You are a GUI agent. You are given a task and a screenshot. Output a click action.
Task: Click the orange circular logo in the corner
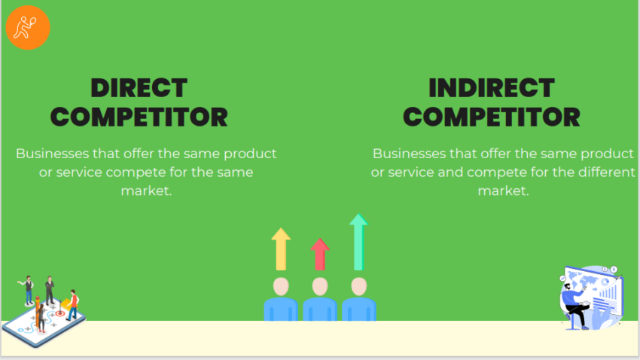pyautogui.click(x=28, y=27)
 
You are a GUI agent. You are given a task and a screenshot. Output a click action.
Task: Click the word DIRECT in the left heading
pyautogui.click(x=139, y=88)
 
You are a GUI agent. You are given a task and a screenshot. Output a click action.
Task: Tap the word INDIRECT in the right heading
pyautogui.click(x=491, y=88)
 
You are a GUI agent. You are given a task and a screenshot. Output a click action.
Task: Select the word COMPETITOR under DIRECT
pyautogui.click(x=139, y=117)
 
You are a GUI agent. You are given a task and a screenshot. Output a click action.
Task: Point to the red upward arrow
pyautogui.click(x=320, y=254)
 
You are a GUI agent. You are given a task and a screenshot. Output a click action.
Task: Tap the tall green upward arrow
pyautogui.click(x=358, y=241)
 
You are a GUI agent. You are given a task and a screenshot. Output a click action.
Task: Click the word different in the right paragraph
pyautogui.click(x=605, y=172)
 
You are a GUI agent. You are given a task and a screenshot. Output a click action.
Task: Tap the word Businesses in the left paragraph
pyautogui.click(x=50, y=154)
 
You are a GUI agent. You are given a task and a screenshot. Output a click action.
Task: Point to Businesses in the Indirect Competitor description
pyautogui.click(x=407, y=154)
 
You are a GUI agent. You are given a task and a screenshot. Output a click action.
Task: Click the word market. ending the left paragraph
pyautogui.click(x=146, y=191)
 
